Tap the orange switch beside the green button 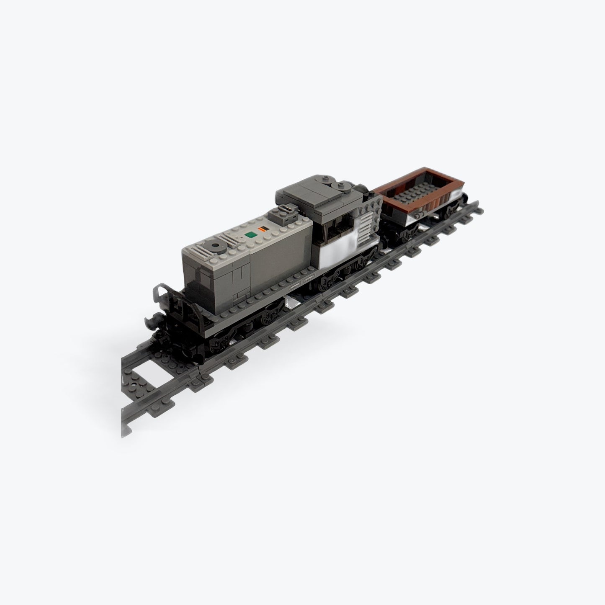click(264, 229)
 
